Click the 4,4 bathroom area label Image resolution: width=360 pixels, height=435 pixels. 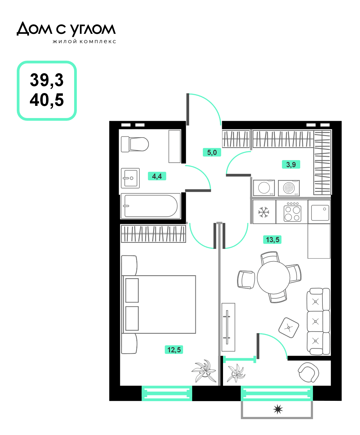coord(157,176)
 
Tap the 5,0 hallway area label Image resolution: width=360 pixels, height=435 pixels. coord(212,152)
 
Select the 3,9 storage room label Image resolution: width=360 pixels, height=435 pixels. coord(291,164)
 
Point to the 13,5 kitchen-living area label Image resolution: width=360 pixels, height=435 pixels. coord(272,239)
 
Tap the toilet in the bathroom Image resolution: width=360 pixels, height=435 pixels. coord(135,144)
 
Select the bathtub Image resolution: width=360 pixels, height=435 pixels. coord(151,206)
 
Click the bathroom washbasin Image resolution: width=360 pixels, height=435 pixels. coord(130,178)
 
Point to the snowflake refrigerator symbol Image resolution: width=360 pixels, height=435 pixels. coord(264,212)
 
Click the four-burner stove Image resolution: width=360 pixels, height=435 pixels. coord(292,212)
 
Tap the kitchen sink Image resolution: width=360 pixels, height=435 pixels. coord(320,213)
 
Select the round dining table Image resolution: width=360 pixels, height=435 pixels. coord(273,278)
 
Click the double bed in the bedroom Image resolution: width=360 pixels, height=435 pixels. coord(159,304)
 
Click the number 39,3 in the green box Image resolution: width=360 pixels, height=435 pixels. coord(47,80)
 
